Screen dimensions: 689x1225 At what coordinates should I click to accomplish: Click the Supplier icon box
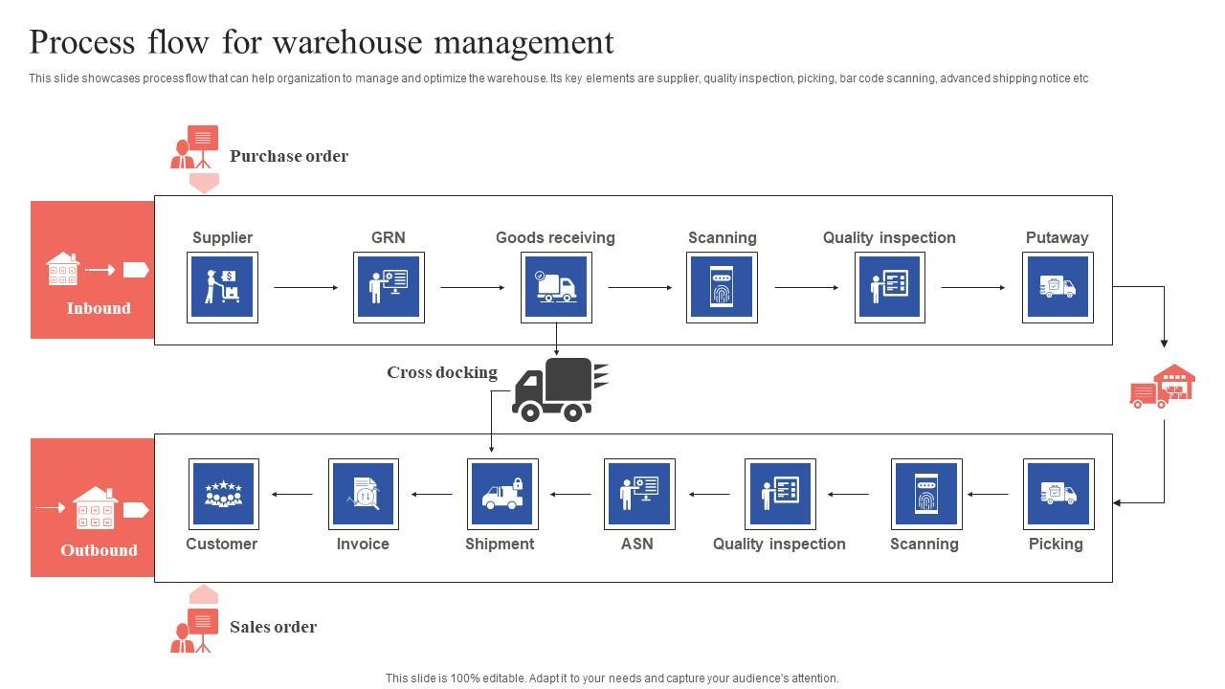click(222, 287)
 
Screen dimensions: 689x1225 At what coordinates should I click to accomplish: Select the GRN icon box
click(389, 287)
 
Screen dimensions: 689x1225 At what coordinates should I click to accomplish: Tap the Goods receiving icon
click(556, 287)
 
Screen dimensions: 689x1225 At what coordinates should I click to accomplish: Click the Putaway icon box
click(1058, 287)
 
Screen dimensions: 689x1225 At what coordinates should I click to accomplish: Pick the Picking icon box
click(1058, 494)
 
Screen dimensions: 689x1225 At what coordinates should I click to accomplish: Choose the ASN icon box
click(639, 494)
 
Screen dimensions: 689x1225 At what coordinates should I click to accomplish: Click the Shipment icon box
click(502, 494)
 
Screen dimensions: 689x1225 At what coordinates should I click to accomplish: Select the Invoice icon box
click(364, 494)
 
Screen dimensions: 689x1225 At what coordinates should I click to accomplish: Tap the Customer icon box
click(223, 494)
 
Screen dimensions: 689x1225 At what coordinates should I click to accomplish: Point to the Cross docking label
click(442, 372)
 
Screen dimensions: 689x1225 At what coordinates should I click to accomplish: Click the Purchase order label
click(289, 156)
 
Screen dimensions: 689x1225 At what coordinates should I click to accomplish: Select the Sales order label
click(273, 627)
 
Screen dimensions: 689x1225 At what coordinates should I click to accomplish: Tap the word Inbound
click(99, 308)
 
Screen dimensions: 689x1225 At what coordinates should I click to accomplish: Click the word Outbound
click(99, 550)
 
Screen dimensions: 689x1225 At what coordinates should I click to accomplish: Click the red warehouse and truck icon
click(1163, 387)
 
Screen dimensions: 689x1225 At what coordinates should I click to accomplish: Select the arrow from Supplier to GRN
click(306, 287)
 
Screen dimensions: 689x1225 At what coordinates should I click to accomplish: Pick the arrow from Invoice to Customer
click(293, 494)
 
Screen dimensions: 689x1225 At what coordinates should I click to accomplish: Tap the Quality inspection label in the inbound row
click(889, 237)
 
